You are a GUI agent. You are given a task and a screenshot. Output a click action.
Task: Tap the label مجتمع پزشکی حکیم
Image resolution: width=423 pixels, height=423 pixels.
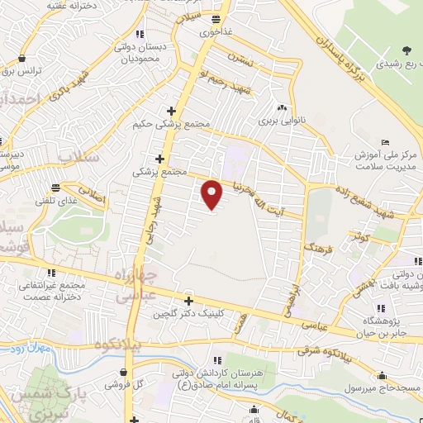tap(167, 125)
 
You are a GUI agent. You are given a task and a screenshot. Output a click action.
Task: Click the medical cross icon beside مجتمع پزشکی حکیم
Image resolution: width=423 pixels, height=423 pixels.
tap(171, 111)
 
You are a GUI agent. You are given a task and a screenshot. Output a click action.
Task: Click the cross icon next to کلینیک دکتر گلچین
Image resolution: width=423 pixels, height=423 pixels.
tap(188, 302)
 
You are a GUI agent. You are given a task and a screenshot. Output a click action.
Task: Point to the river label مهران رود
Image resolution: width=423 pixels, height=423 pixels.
tap(33, 352)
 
